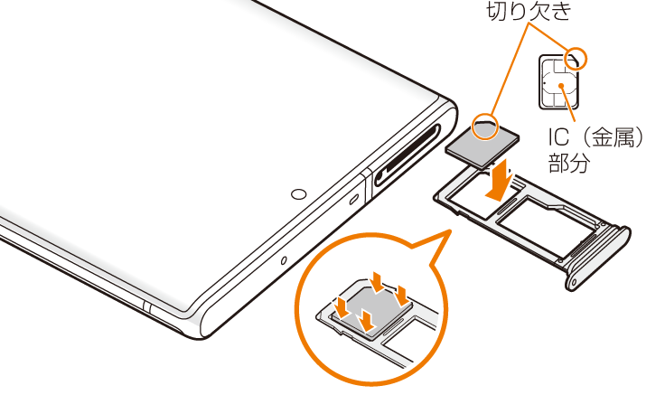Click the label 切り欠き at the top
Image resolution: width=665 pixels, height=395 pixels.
[x=529, y=11]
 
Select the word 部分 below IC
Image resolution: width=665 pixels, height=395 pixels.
[x=569, y=162]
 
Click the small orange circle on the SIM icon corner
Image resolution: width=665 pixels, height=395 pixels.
[x=576, y=58]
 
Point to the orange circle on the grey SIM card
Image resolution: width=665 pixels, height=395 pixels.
[x=485, y=127]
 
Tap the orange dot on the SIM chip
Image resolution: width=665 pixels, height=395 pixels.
[x=561, y=85]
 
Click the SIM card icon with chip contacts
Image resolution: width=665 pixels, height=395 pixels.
[x=559, y=82]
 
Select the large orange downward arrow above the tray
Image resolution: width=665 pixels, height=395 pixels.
[x=501, y=180]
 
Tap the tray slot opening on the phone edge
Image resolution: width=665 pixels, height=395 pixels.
[x=407, y=155]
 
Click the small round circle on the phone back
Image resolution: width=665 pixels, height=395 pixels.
[x=299, y=194]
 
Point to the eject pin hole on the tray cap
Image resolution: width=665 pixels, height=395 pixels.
[x=574, y=282]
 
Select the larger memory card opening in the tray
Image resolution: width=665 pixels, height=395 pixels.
[x=547, y=226]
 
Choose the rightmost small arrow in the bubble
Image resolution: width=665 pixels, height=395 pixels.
[x=400, y=296]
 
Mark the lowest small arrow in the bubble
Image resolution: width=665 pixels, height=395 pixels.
[x=367, y=321]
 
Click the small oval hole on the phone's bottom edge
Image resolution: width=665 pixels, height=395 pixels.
[x=284, y=260]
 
